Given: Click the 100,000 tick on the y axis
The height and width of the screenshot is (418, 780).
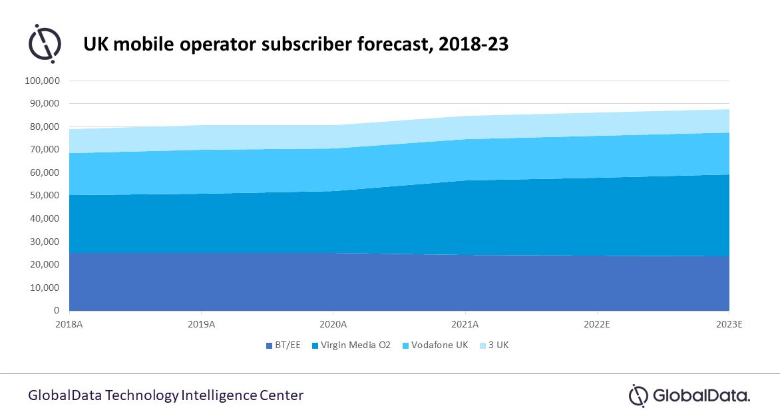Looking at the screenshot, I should click(42, 81).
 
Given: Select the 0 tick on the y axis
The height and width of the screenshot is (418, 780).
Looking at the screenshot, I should click(56, 311).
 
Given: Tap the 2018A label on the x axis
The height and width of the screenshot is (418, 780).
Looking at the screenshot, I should click(69, 324).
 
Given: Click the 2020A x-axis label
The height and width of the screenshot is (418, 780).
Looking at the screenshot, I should click(333, 324).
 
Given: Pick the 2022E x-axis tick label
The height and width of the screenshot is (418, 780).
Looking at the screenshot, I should click(597, 324).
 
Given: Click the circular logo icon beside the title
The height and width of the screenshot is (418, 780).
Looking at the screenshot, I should click(45, 43).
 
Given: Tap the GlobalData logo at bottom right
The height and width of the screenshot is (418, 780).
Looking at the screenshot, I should click(689, 395).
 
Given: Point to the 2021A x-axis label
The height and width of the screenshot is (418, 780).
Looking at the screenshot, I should click(465, 324).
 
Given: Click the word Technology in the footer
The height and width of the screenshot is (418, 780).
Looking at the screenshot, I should click(141, 395).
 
